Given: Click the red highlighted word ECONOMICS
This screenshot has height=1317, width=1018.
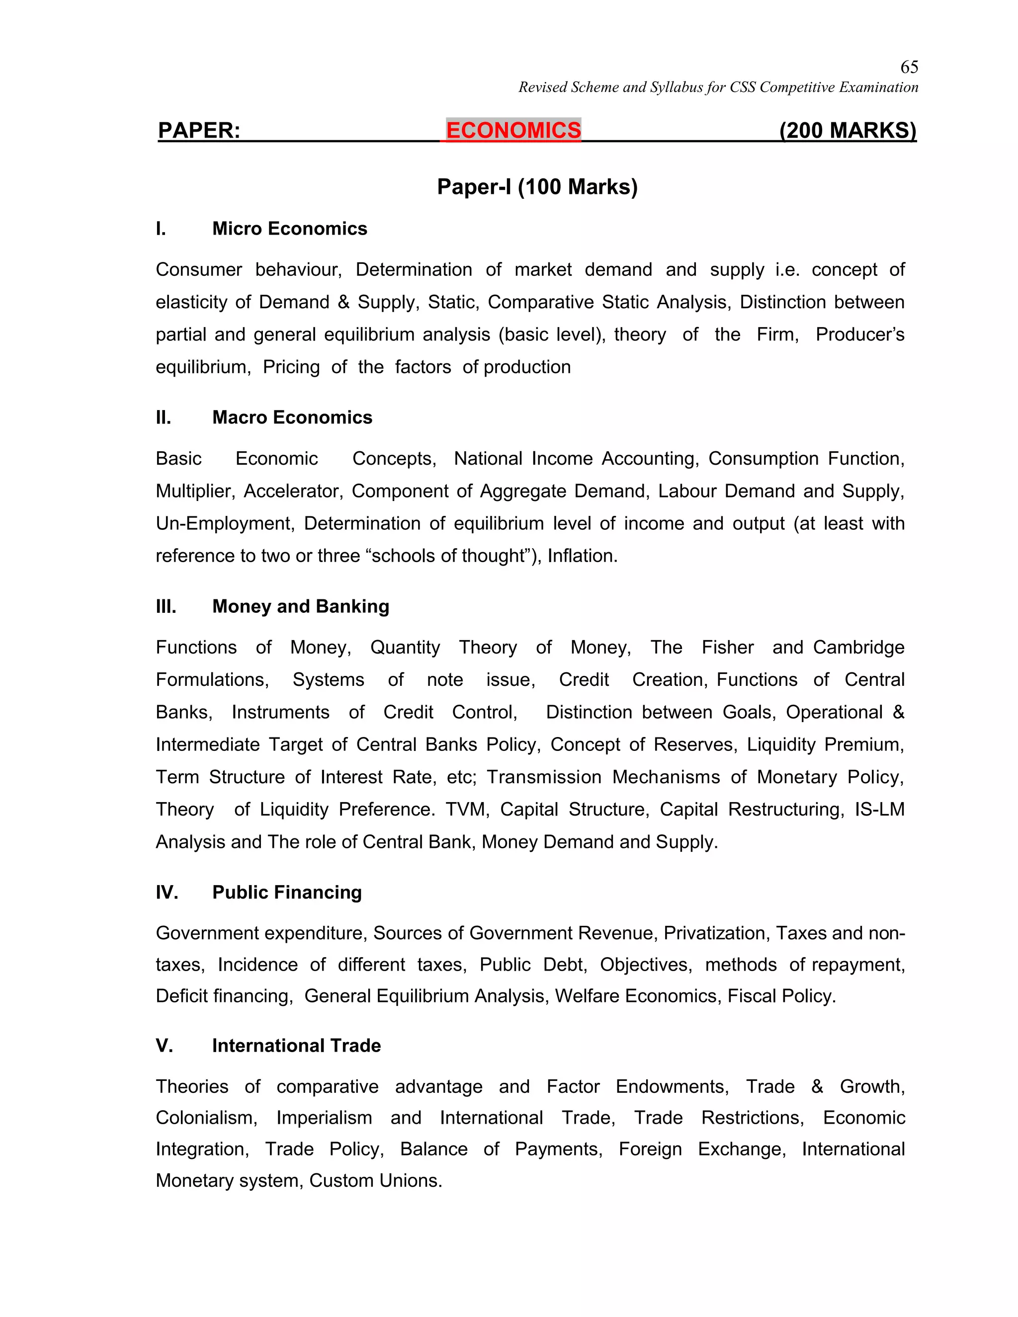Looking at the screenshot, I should (513, 130).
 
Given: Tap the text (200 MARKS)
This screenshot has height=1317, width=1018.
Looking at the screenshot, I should (848, 130).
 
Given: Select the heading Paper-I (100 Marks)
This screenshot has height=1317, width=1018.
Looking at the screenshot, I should (537, 187).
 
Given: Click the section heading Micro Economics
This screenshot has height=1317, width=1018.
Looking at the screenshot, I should (289, 229).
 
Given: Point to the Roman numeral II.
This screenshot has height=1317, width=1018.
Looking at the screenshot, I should (164, 417).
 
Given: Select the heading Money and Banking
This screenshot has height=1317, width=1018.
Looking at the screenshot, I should (300, 606).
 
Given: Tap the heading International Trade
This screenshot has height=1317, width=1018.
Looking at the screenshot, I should (296, 1045).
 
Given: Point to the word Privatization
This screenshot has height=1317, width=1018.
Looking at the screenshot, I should (715, 933).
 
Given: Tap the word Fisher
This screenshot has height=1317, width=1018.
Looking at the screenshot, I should (727, 647).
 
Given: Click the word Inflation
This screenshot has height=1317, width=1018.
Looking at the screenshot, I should (582, 556).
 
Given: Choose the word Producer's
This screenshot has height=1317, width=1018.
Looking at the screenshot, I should (859, 334).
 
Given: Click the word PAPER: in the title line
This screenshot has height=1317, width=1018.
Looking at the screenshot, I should (199, 130).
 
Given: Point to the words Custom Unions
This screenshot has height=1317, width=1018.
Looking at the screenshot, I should (375, 1180).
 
